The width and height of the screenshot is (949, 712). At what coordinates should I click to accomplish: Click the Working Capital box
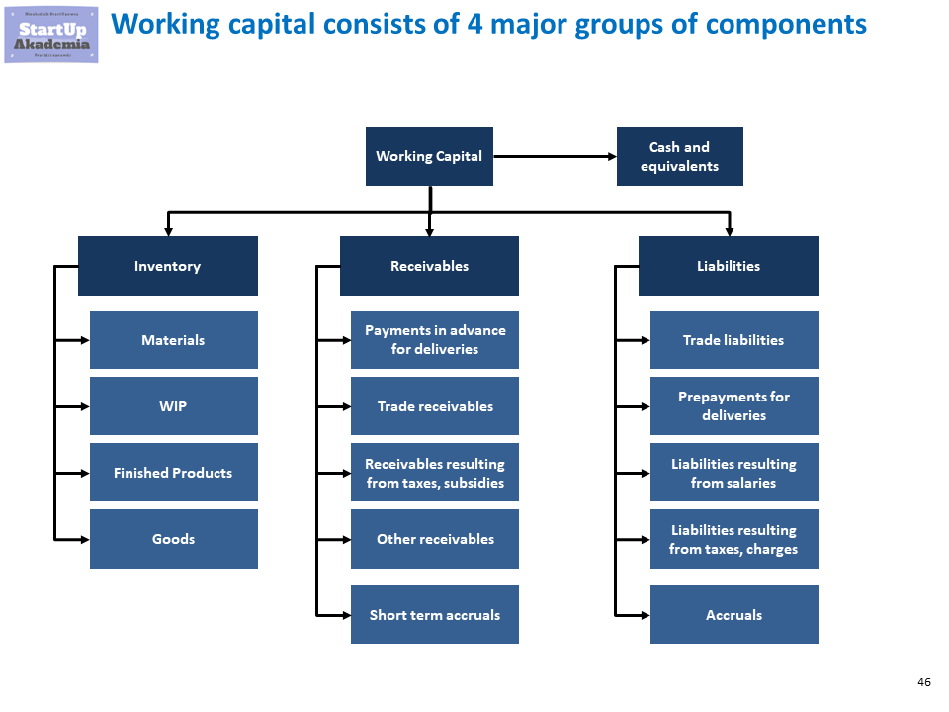[429, 156]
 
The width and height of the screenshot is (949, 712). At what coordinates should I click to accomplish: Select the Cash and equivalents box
[679, 156]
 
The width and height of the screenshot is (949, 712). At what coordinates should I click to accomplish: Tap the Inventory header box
[168, 266]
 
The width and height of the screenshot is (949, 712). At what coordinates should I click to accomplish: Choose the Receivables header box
[429, 266]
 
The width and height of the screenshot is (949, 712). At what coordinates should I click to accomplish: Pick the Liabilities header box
[728, 266]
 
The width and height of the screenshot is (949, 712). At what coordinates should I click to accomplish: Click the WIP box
[173, 406]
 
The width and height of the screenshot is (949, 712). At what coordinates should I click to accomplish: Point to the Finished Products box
[173, 473]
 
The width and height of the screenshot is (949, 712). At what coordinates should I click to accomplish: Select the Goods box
[173, 539]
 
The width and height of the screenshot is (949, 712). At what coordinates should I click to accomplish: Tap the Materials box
[173, 340]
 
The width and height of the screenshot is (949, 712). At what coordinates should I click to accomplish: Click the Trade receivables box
[435, 406]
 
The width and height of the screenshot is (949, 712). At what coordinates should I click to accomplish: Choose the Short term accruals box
[435, 615]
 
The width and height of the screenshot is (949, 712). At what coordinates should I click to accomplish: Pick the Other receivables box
[435, 539]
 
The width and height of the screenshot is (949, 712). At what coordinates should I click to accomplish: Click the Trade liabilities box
[733, 340]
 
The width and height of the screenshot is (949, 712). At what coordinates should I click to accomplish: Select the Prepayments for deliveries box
[733, 406]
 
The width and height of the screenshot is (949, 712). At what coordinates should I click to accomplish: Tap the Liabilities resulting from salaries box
[733, 473]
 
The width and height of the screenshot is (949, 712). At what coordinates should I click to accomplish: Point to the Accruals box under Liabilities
[733, 615]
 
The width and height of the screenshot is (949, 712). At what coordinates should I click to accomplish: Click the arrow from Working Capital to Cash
[554, 156]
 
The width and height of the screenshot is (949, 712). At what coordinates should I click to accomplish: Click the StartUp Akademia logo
[51, 33]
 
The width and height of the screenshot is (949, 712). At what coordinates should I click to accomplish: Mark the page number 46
[924, 683]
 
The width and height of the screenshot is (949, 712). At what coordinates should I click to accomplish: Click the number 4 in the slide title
[476, 24]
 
